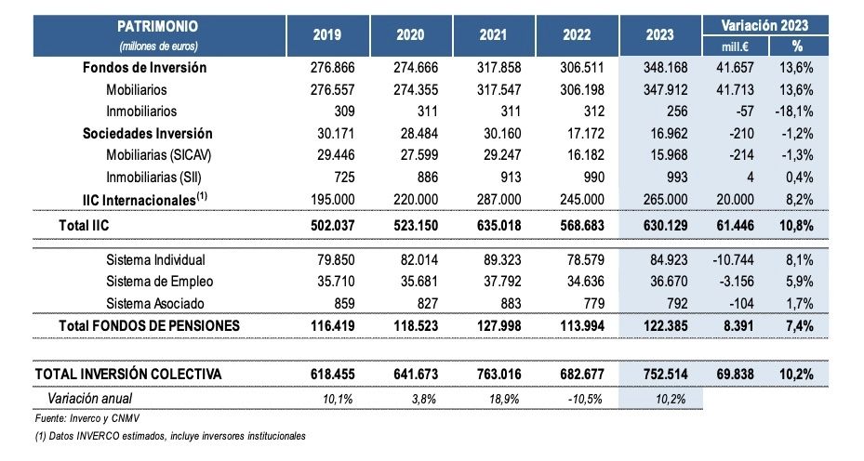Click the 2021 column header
493,34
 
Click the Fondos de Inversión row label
144,68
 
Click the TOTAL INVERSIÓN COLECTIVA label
128,373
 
